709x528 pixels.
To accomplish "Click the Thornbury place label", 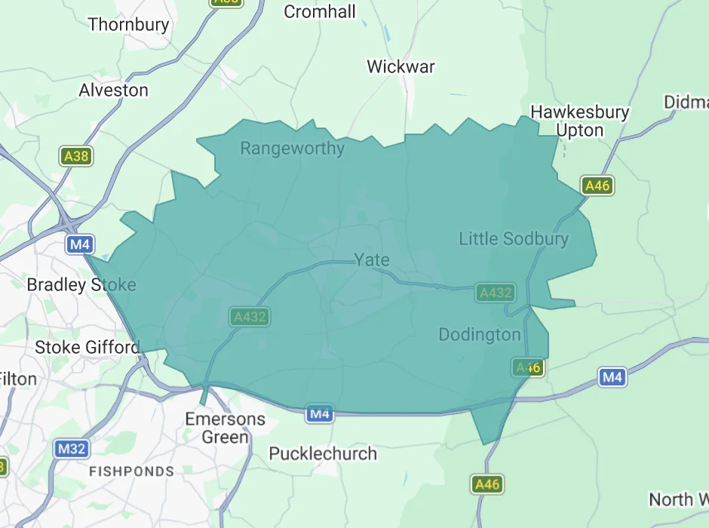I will pos(128,24).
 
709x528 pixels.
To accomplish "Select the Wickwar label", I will pos(401,66).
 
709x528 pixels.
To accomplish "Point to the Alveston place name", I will pos(114,90).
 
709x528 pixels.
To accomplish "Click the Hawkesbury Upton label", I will pos(579,121).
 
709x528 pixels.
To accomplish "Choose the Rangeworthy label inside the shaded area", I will pos(292,148).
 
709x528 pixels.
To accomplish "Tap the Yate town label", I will pos(372,260).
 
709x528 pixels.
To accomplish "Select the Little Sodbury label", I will pos(514,239).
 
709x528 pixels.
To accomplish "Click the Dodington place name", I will pos(480,334).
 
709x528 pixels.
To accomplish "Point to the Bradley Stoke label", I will pos(81,284).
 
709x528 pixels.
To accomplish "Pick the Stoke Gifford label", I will pos(87,347).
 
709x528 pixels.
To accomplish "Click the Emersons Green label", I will pos(226,428).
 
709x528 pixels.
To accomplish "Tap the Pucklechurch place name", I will pos(323,453).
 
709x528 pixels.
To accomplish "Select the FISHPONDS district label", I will pos(131,471).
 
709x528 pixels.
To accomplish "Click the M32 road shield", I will pos(72,450).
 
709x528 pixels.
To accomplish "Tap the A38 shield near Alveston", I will pos(76,157).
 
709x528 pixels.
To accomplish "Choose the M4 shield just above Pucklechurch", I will pos(319,413).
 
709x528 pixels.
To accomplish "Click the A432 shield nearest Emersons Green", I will pos(250,317).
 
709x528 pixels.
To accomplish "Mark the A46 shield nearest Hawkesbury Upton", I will pos(597,186).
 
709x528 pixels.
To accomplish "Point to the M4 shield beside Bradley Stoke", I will pos(80,244).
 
